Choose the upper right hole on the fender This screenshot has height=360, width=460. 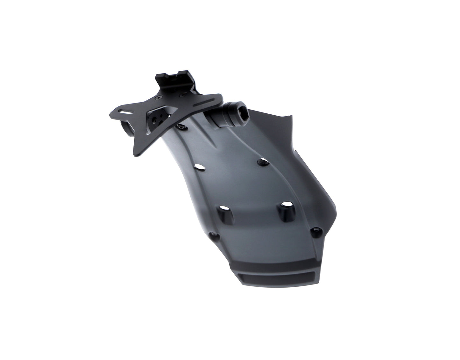[x=263, y=161]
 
